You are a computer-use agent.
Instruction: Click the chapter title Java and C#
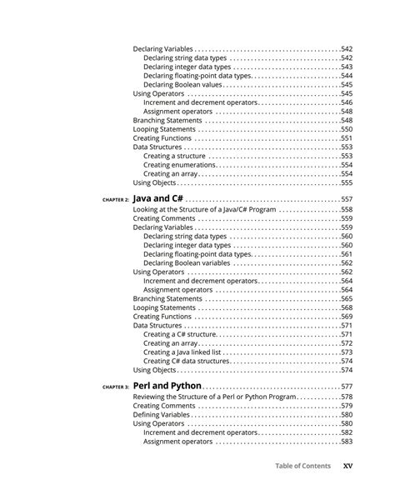pyautogui.click(x=158, y=199)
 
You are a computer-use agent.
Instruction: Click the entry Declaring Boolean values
pyautogui.click(x=182, y=84)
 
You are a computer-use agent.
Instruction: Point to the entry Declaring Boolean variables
pyautogui.click(x=187, y=262)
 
